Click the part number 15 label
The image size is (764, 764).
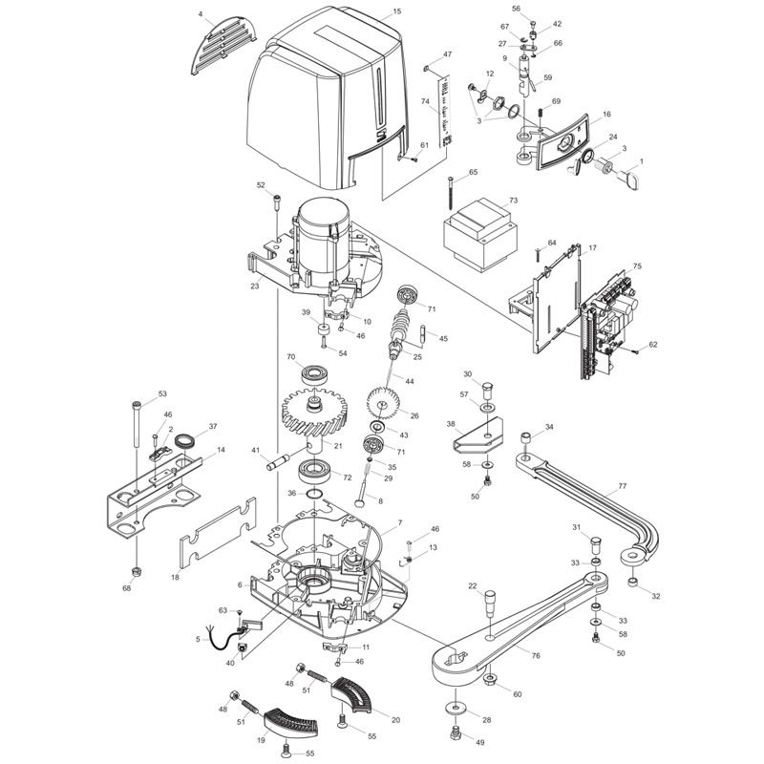pyautogui.click(x=396, y=13)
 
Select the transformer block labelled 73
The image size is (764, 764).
pyautogui.click(x=478, y=231)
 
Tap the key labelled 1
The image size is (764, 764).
pyautogui.click(x=628, y=176)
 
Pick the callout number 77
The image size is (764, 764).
pyautogui.click(x=622, y=486)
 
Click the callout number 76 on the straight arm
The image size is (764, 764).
pyautogui.click(x=535, y=655)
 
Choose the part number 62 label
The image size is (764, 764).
pyautogui.click(x=653, y=345)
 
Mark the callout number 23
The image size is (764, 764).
pyautogui.click(x=255, y=286)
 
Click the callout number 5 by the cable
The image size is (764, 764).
pyautogui.click(x=198, y=639)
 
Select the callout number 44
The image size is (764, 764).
pyautogui.click(x=410, y=381)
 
